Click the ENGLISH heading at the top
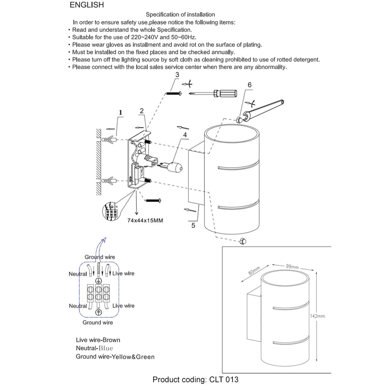pyautogui.click(x=87, y=5)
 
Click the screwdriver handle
pyautogui.click(x=224, y=93)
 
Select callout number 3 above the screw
pyautogui.click(x=177, y=75)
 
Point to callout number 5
pyautogui.click(x=193, y=225)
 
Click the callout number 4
pyautogui.click(x=185, y=135)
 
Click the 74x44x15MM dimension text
pyautogui.click(x=145, y=220)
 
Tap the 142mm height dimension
pyautogui.click(x=317, y=316)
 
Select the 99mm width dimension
pyautogui.click(x=292, y=267)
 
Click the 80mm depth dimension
pyautogui.click(x=254, y=271)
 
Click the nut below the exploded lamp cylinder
pyautogui.click(x=242, y=241)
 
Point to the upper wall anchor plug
pyautogui.click(x=109, y=140)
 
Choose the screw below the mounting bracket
pyautogui.click(x=153, y=200)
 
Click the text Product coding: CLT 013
pyautogui.click(x=195, y=380)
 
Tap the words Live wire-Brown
pyautogui.click(x=98, y=340)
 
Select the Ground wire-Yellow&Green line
pyautogui.click(x=115, y=357)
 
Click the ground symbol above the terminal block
pyautogui.click(x=97, y=281)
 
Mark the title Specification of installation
pyautogui.click(x=180, y=14)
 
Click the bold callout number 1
pyautogui.click(x=121, y=113)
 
